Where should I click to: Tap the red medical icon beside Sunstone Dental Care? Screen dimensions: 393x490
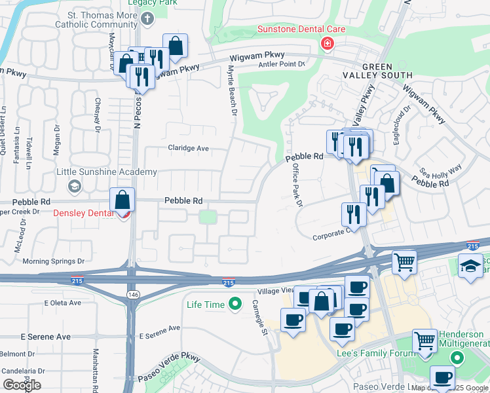click(x=326, y=44)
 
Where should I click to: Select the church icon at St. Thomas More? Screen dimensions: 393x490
click(x=148, y=18)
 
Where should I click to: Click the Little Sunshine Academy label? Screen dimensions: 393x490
click(x=107, y=172)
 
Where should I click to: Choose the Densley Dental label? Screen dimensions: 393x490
click(x=85, y=213)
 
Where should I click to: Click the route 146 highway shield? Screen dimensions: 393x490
click(x=134, y=295)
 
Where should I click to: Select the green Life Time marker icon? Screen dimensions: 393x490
click(x=235, y=304)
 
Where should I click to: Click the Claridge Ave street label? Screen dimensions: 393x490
click(x=188, y=148)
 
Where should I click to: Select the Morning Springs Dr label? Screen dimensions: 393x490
click(x=54, y=261)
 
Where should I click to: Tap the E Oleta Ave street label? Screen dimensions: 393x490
click(x=63, y=303)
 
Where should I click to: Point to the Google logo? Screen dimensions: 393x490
click(x=22, y=385)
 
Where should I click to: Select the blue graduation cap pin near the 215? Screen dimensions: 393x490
click(x=470, y=267)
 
